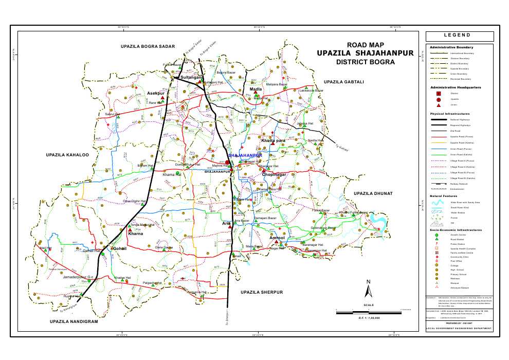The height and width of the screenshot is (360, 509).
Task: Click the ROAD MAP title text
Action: (x=366, y=45)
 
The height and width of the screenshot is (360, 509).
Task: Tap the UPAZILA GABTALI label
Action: (x=343, y=82)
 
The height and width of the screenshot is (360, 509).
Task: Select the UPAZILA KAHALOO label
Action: (x=67, y=154)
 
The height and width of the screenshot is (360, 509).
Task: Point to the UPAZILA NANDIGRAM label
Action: (x=74, y=321)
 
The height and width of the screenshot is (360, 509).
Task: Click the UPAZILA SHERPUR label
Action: (x=262, y=292)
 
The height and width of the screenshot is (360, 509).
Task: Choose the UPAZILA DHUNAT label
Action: (x=373, y=193)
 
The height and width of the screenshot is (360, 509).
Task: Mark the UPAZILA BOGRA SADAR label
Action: (x=148, y=47)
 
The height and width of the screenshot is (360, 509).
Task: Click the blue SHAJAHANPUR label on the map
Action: (x=245, y=155)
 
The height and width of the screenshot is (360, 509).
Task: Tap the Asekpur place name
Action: (x=155, y=93)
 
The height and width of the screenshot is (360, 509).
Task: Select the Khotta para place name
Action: (x=273, y=140)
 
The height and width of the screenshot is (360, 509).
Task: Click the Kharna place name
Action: (x=135, y=233)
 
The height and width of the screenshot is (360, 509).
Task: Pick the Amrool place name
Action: (x=277, y=238)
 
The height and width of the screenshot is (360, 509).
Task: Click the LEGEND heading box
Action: (x=459, y=35)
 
